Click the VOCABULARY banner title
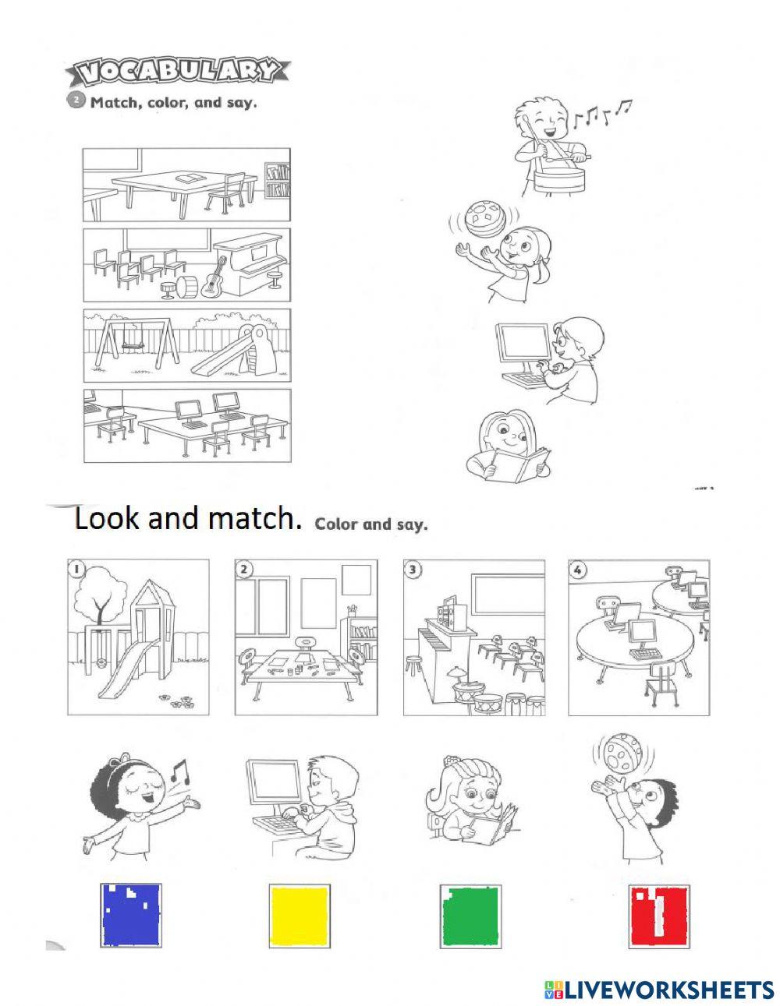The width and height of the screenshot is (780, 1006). click(x=179, y=72)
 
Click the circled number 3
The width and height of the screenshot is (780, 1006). click(x=413, y=570)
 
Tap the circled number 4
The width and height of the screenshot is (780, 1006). click(x=577, y=570)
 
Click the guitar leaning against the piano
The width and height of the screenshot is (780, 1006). click(x=211, y=279)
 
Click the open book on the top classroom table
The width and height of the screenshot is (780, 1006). click(x=188, y=178)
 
